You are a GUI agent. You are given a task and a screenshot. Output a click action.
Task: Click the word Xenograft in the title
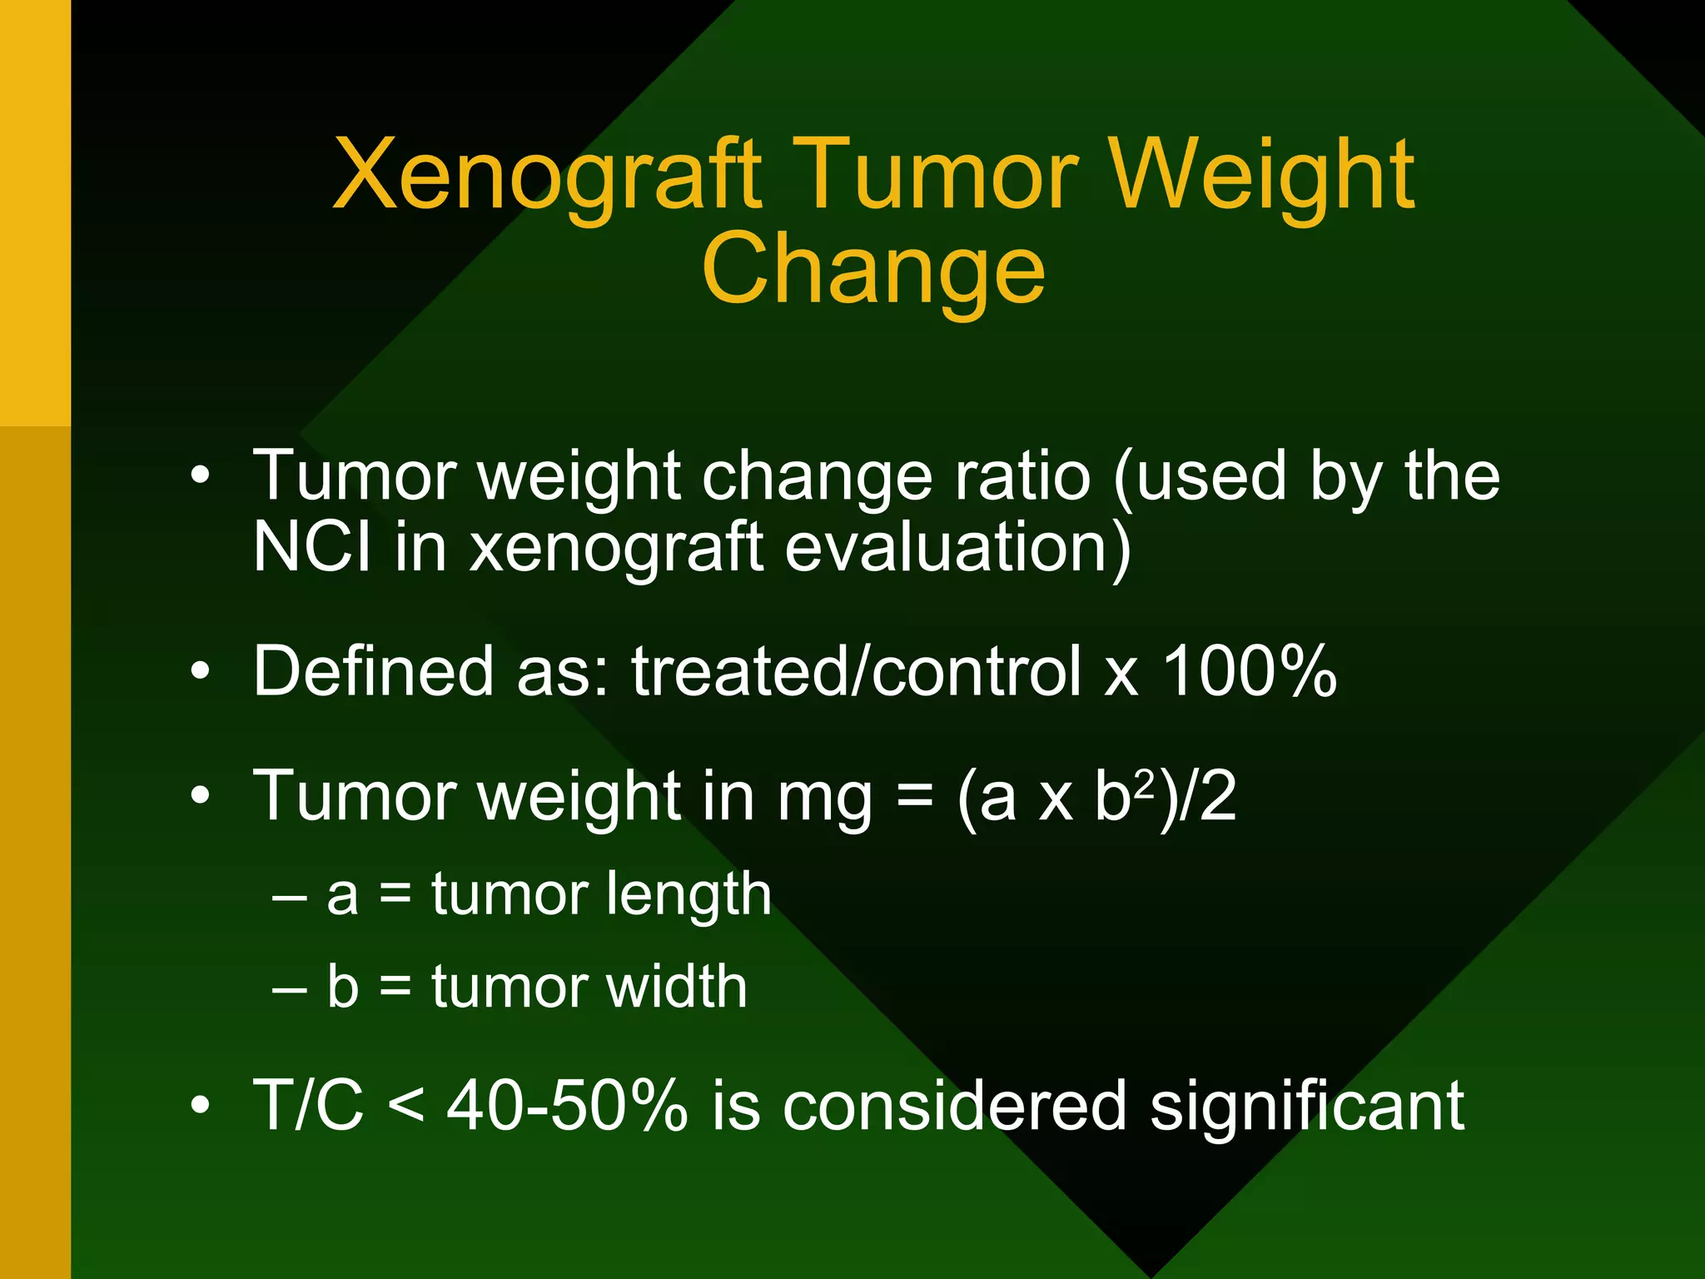(547, 177)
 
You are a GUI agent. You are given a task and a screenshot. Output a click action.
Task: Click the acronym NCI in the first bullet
(311, 547)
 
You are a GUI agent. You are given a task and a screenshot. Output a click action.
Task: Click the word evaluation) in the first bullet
(957, 547)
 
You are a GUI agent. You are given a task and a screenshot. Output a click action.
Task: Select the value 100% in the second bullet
(1249, 671)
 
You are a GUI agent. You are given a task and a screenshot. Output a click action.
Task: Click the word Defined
(372, 671)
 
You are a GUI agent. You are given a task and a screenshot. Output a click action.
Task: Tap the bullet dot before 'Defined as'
(200, 671)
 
